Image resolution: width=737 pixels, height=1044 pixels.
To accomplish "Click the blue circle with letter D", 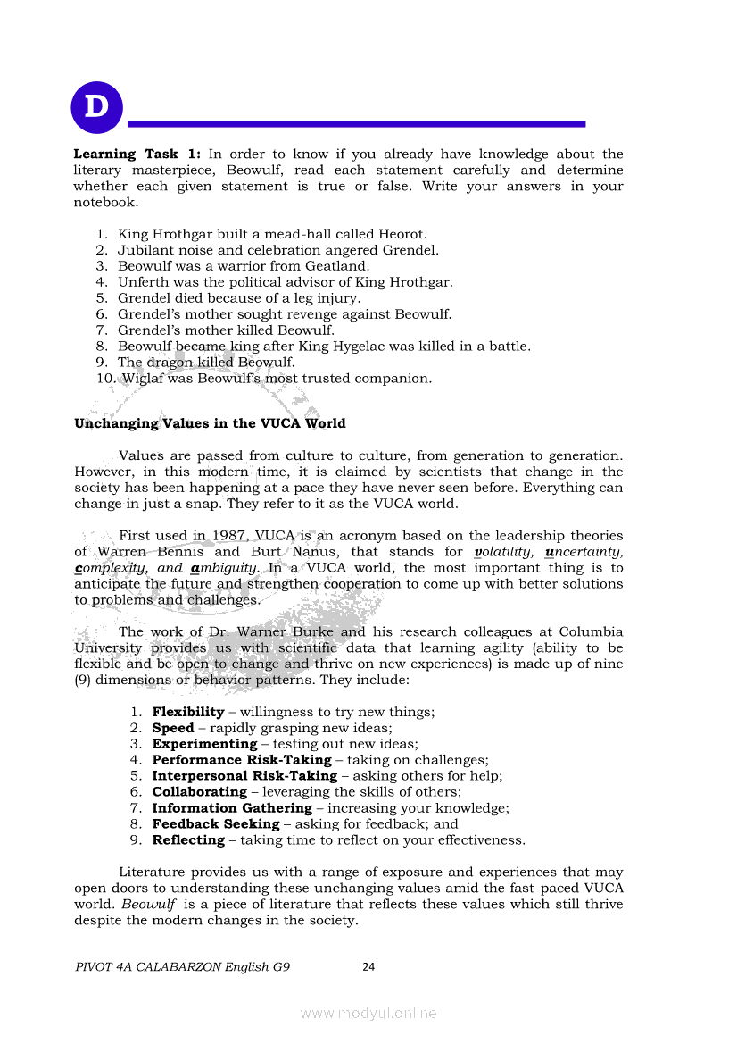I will point(97,108).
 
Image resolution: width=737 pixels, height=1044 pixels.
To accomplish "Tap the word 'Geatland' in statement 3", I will point(341,266).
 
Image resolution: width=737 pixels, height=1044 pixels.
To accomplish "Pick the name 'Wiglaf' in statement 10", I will point(140,379).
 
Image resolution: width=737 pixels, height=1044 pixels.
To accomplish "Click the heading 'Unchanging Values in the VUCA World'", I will point(210,423).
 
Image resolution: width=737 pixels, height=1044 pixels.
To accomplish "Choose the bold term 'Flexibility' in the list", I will point(188,712).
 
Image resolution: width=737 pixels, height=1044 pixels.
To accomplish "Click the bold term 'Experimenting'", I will point(204,744).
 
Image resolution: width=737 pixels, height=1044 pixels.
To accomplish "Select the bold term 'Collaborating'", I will point(199,792).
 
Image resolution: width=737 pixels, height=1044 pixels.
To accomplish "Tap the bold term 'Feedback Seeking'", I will point(215,824).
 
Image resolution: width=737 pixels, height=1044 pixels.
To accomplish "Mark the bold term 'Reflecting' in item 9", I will point(188,840).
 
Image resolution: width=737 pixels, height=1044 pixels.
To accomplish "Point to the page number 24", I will point(368,966).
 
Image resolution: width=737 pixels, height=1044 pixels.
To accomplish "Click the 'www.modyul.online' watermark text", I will point(368,1014).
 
